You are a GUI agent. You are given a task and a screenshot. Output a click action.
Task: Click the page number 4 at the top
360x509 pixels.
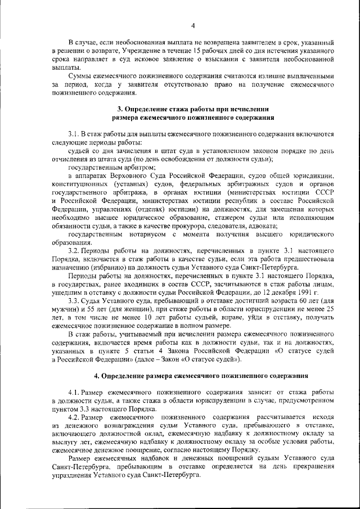pyautogui.click(x=192, y=25)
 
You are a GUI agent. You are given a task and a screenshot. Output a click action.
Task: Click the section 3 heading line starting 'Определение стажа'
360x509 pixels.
pyautogui.click(x=193, y=109)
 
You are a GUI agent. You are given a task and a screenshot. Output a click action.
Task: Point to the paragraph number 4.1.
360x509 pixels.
pyautogui.click(x=74, y=392)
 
